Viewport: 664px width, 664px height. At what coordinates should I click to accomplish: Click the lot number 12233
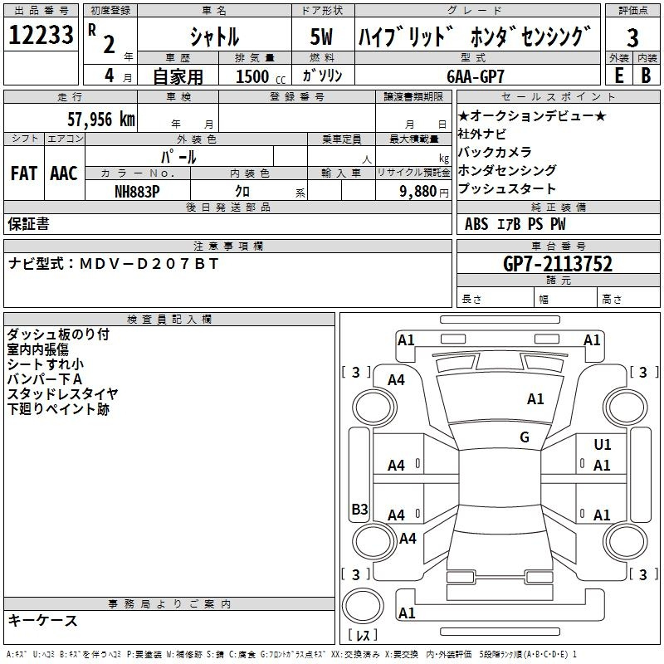coord(41,35)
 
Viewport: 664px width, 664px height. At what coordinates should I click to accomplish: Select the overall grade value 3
coord(632,37)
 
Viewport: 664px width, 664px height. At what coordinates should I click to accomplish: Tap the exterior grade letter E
coord(618,76)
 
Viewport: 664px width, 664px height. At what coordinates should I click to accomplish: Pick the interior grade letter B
coord(646,76)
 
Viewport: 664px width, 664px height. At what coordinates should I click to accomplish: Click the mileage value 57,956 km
coord(101,120)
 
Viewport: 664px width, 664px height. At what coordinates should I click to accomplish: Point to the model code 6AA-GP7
coord(476,76)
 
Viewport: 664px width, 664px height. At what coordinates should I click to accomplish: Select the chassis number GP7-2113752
coord(558,264)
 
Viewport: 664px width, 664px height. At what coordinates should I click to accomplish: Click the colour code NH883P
coord(137,192)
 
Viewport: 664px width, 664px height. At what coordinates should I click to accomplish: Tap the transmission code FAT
coord(24,173)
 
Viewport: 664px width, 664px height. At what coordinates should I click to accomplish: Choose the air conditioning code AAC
coord(64,173)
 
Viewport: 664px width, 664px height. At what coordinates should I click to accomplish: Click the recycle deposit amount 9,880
coord(418,192)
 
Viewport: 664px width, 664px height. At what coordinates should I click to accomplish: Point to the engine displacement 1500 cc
coord(261,76)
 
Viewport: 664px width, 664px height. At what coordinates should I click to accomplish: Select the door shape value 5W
coord(322,37)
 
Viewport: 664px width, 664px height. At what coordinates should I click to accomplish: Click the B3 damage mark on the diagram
coord(359,509)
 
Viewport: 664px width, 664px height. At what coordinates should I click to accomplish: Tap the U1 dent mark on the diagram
coord(603,444)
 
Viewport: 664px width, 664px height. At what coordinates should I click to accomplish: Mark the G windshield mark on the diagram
coord(525,437)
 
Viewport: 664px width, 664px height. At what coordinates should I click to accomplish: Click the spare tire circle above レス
coord(363,606)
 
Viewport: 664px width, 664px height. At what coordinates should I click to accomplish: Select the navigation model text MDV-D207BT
coord(149,264)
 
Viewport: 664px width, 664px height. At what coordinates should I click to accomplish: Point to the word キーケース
coord(43,620)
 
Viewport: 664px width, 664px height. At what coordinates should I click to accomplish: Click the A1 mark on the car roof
coord(535,399)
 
